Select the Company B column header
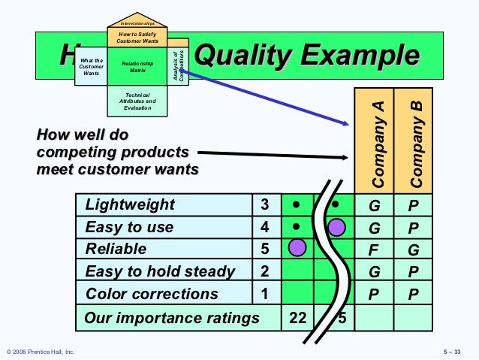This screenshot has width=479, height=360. pos(414,144)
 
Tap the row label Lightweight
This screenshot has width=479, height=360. pos(130,205)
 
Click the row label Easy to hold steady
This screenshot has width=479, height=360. pos(160,271)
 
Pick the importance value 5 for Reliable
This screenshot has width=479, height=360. pos(264,249)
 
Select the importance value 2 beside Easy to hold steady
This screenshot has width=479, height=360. pos(264,271)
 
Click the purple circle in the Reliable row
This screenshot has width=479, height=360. pos(298,247)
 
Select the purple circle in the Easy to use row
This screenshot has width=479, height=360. pos(336,227)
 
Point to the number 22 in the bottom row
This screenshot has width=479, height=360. pos(298,318)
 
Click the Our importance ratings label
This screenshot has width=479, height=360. pos(171,318)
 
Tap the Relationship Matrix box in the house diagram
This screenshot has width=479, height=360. pos(137,68)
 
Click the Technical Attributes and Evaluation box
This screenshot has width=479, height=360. pos(137,101)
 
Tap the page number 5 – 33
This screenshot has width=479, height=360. pos(455,352)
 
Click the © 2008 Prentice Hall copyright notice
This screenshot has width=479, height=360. pos(40,352)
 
